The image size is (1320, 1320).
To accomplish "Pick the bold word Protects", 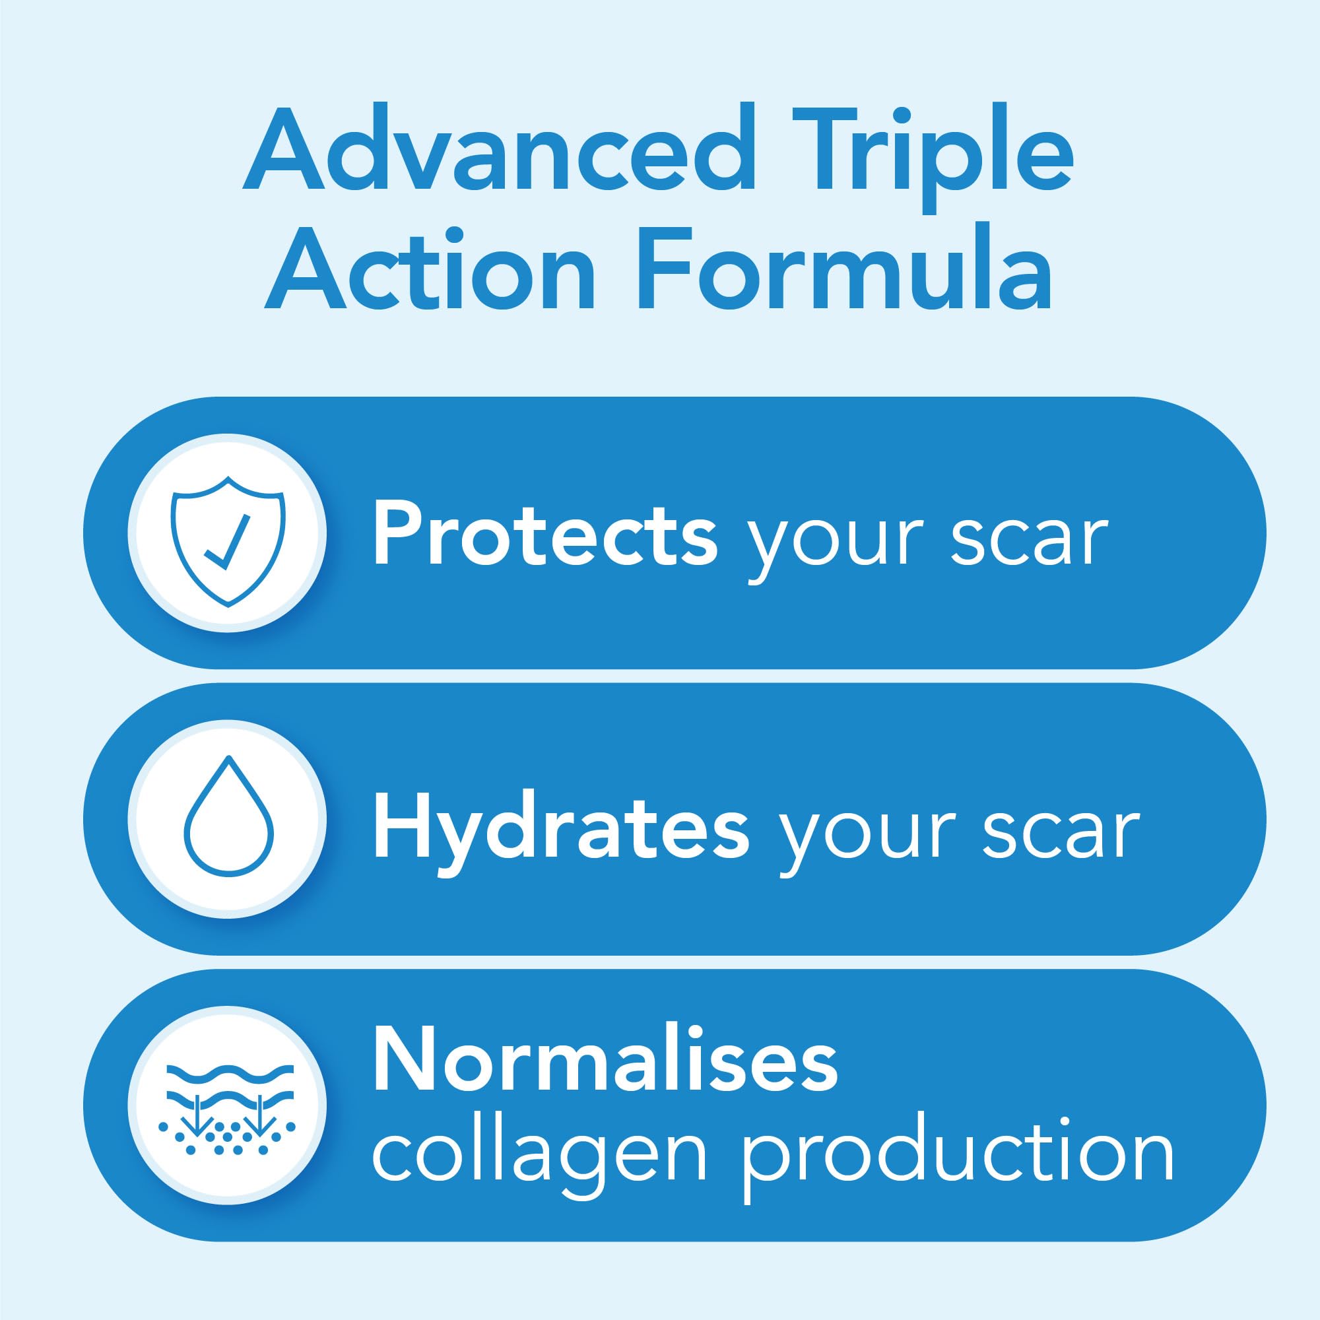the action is (544, 533).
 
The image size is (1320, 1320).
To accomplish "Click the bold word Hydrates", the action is (561, 820).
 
